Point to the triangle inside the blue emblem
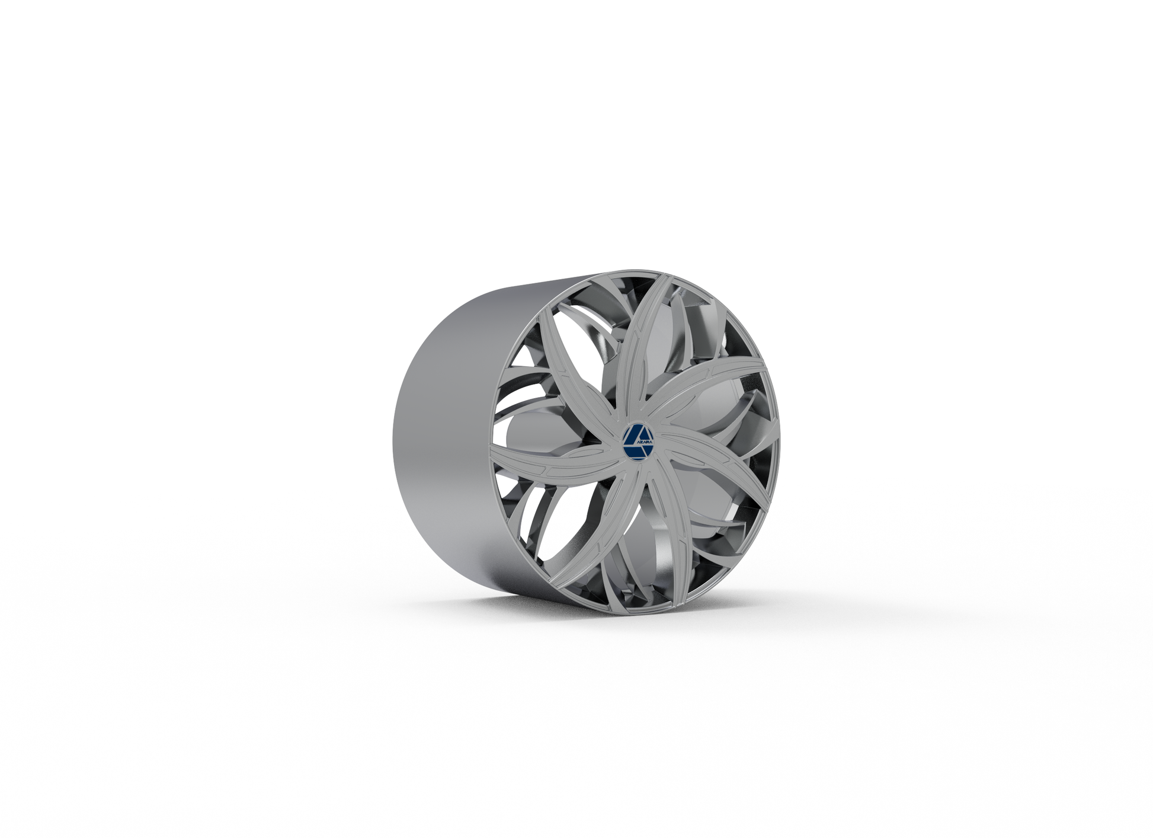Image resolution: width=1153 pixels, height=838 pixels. (x=635, y=436)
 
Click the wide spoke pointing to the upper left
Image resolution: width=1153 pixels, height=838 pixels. (x=569, y=367)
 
